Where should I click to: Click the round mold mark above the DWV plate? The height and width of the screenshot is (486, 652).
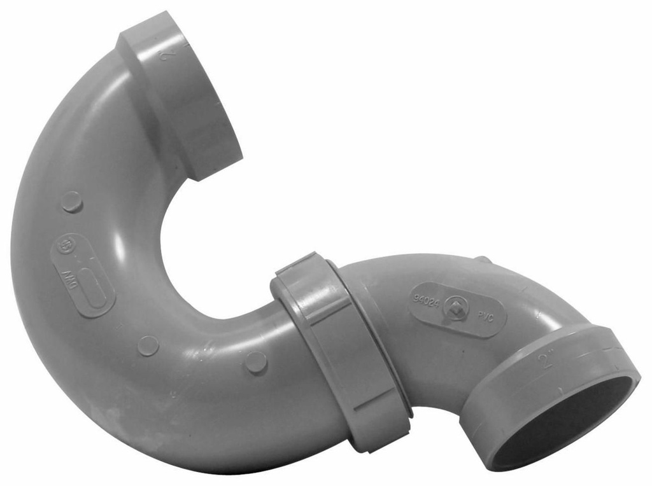coord(72,202)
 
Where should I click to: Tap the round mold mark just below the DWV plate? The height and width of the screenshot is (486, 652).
coord(148,345)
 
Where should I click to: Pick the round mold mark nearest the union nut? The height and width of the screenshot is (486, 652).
coord(256,362)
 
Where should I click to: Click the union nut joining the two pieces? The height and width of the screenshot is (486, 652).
coord(337,350)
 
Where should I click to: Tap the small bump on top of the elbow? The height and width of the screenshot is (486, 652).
coord(483,259)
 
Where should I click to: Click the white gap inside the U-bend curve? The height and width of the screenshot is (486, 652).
coord(210,242)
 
